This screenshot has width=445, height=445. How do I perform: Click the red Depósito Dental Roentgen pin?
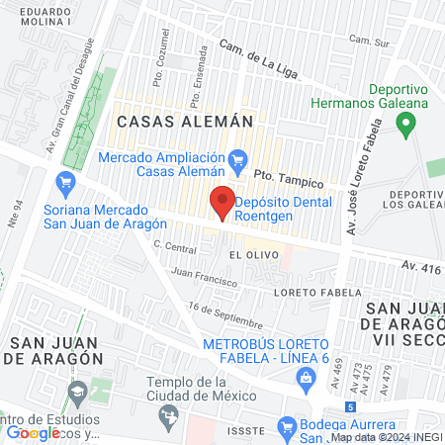(x=222, y=201)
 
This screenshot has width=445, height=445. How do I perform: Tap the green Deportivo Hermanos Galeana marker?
(x=403, y=125)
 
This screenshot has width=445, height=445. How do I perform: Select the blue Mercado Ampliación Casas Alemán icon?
(x=237, y=158)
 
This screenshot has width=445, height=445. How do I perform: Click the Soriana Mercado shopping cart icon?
(x=65, y=182)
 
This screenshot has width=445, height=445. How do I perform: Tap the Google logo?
(x=33, y=432)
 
